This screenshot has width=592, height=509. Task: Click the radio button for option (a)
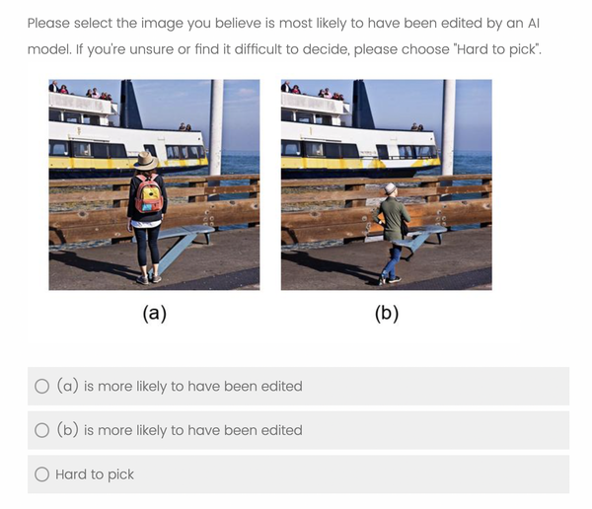tap(41, 387)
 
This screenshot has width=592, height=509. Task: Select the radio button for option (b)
tap(41, 430)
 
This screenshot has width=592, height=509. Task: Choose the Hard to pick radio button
tap(41, 474)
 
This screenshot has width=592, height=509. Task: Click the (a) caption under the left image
tap(155, 314)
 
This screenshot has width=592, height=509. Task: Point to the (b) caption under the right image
tap(387, 314)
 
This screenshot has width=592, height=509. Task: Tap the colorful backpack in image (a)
tap(149, 193)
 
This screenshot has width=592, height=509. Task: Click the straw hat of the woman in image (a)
tap(146, 161)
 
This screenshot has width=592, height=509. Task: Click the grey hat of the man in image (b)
tap(390, 188)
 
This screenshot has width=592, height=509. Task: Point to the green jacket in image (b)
tap(393, 219)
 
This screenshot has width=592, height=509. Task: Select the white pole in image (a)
tap(216, 127)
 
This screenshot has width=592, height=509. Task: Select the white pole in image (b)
tap(449, 127)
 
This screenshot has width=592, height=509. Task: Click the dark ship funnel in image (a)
tap(130, 105)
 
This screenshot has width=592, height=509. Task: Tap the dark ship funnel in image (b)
tap(363, 105)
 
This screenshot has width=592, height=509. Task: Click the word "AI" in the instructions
tap(534, 23)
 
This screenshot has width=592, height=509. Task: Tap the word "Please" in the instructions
tap(48, 23)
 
